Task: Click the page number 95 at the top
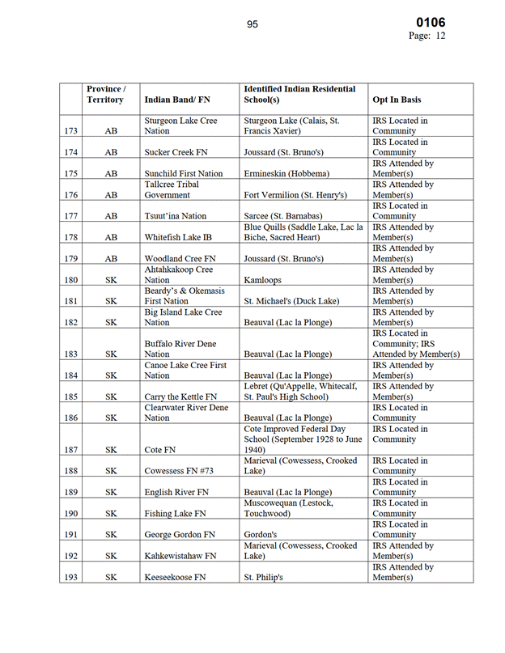click(x=252, y=24)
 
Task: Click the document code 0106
click(x=431, y=23)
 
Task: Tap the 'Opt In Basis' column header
click(x=397, y=100)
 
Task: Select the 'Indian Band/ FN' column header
click(x=176, y=100)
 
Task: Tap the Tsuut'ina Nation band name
click(x=176, y=216)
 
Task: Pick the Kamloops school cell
click(x=263, y=280)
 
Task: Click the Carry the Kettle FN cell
click(x=180, y=396)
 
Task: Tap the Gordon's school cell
click(x=261, y=535)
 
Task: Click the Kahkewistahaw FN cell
click(x=180, y=556)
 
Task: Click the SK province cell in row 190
click(x=111, y=513)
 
